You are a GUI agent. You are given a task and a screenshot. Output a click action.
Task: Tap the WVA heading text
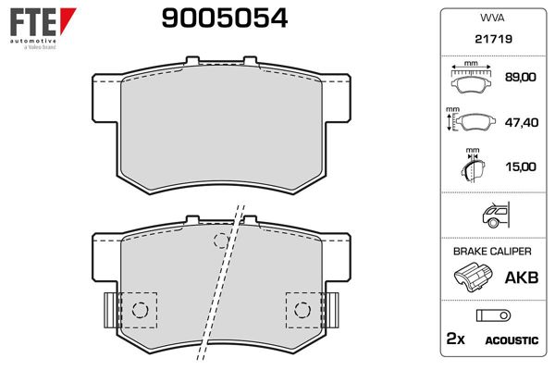pyautogui.click(x=490, y=18)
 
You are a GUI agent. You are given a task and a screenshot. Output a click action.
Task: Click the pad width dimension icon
pyautogui.click(x=473, y=78)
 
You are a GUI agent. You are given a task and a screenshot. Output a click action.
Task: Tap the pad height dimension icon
pyautogui.click(x=471, y=121)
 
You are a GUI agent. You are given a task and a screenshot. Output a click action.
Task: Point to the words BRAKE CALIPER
pyautogui.click(x=490, y=252)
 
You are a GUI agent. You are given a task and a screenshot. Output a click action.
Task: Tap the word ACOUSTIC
pyautogui.click(x=512, y=340)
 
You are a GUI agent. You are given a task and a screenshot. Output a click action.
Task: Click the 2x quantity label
pyautogui.click(x=454, y=339)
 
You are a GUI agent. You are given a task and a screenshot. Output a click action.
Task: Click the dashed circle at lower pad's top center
pyautogui.click(x=220, y=241)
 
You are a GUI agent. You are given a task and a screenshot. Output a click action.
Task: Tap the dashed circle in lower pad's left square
pyautogui.click(x=142, y=308)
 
